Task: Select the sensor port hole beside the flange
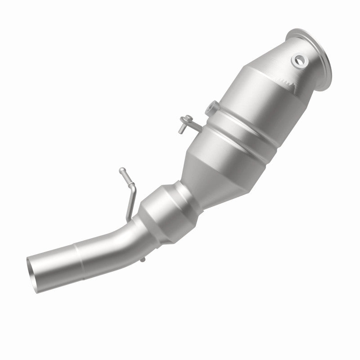pyautogui.click(x=298, y=60)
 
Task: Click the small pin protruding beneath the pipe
pyautogui.click(x=143, y=259)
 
